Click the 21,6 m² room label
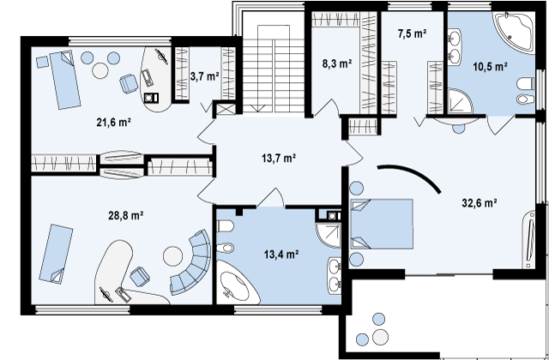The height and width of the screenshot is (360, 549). [113, 122]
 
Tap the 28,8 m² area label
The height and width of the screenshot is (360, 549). [126, 215]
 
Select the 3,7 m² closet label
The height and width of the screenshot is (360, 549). [205, 75]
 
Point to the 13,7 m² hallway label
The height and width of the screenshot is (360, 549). [279, 159]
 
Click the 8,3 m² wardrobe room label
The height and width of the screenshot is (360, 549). [337, 64]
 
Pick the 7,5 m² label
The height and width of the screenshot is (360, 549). [412, 33]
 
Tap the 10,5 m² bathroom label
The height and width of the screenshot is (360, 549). [491, 67]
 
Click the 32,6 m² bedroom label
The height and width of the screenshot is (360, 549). [480, 203]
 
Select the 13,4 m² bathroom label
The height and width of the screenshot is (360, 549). [281, 255]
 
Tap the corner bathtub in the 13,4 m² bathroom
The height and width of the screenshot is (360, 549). [236, 285]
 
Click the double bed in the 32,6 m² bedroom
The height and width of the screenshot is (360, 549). [382, 225]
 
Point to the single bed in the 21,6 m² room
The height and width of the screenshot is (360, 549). [64, 80]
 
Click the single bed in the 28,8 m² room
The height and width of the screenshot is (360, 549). [56, 254]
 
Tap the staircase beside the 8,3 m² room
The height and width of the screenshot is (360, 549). [274, 69]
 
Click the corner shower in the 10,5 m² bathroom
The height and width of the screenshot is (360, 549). [460, 101]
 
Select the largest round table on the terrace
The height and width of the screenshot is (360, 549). [380, 337]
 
